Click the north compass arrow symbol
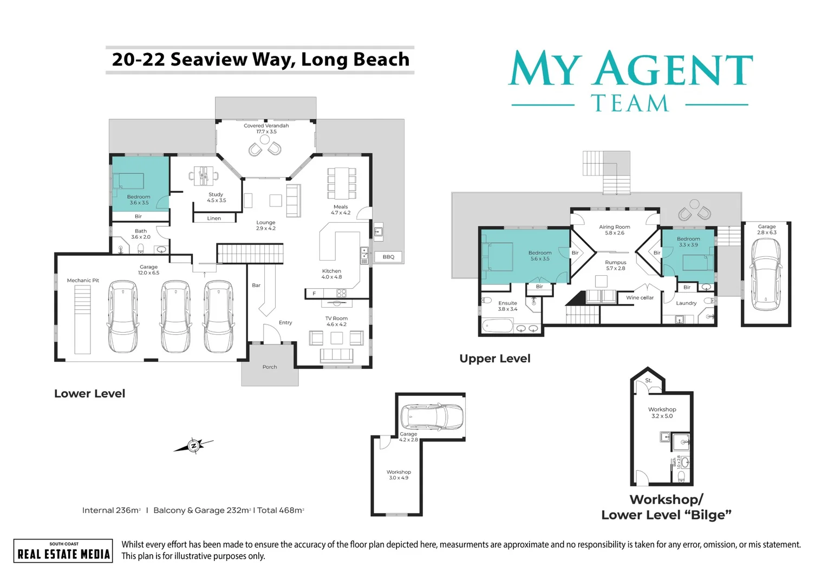[x=193, y=445]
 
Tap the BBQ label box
[x=388, y=257]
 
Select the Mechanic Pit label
[x=83, y=281]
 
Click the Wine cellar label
[x=640, y=298]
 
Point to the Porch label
[x=270, y=367]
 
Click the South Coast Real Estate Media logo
[x=63, y=551]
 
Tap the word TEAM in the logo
[x=630, y=104]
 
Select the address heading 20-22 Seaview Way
[x=260, y=60]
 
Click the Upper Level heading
[x=494, y=359]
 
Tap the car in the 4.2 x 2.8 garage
[x=431, y=417]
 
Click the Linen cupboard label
[x=214, y=218]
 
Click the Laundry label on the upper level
[x=686, y=303]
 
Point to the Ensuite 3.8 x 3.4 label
[x=507, y=306]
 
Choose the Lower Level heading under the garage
[x=89, y=394]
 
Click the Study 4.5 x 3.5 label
[x=216, y=197]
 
